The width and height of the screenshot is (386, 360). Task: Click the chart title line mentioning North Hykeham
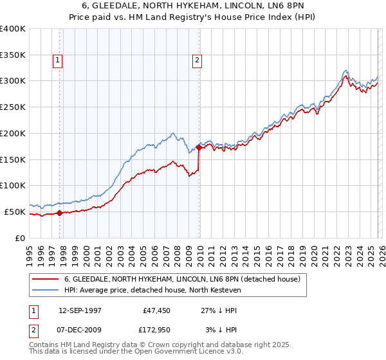tap(193, 6)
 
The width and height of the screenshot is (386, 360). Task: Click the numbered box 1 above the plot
tap(58, 61)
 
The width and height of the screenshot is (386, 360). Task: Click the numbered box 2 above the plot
tap(197, 61)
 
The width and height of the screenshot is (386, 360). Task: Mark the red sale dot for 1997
tap(59, 213)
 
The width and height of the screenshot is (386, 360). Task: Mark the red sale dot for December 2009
tap(199, 147)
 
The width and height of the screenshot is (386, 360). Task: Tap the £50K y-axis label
tap(14, 212)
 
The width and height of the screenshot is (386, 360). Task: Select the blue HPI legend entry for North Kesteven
tap(152, 290)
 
